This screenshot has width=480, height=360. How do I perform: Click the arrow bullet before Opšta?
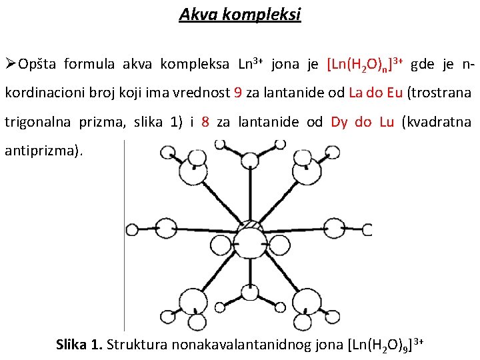tap(10, 64)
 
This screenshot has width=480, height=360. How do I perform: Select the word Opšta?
tap(40, 65)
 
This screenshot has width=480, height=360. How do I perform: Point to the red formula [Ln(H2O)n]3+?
tap(365, 65)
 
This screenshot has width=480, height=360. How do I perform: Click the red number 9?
tap(238, 93)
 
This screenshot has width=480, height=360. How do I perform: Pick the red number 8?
tap(205, 123)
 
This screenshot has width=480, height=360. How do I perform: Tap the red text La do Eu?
tap(375, 93)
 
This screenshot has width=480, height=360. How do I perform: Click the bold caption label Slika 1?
tap(79, 345)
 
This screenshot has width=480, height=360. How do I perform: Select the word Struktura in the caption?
tap(137, 345)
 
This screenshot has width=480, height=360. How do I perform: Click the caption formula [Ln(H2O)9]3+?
tap(385, 344)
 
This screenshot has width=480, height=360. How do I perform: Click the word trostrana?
tap(443, 93)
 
